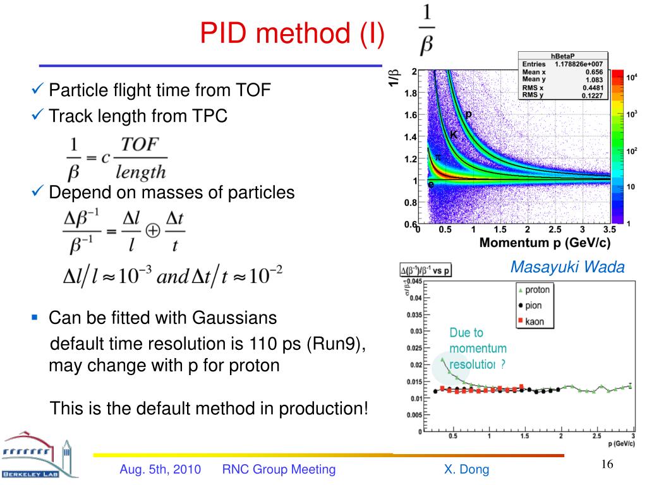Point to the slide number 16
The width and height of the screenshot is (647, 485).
(x=607, y=465)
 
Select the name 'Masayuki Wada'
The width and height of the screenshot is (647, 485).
(x=567, y=267)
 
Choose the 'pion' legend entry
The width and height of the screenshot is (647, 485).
(x=533, y=306)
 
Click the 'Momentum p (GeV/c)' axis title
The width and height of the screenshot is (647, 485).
(x=545, y=243)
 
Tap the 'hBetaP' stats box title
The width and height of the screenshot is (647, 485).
(x=564, y=56)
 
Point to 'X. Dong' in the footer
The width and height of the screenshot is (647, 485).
(x=466, y=469)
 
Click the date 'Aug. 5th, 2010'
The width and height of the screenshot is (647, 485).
(x=160, y=469)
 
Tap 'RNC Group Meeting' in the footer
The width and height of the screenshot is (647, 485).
(x=279, y=469)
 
